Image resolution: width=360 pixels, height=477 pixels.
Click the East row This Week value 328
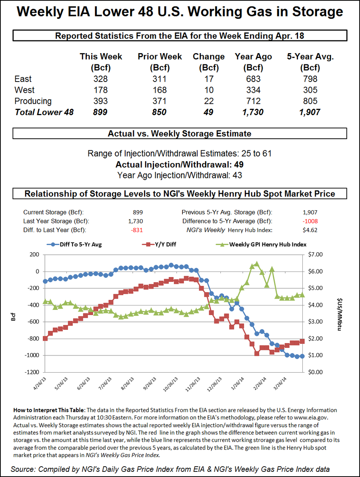point(101,79)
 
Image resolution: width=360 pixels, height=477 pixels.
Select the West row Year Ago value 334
point(253,90)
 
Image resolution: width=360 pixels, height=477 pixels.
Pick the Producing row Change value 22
point(208,101)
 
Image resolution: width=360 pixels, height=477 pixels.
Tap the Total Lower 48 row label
point(44,112)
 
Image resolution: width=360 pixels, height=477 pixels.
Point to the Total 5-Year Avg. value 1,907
point(310,112)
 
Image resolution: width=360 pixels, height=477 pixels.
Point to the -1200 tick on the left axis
point(32,372)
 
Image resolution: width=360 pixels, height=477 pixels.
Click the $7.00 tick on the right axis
point(317,255)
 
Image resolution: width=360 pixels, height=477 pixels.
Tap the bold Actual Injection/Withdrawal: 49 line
point(180,164)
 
